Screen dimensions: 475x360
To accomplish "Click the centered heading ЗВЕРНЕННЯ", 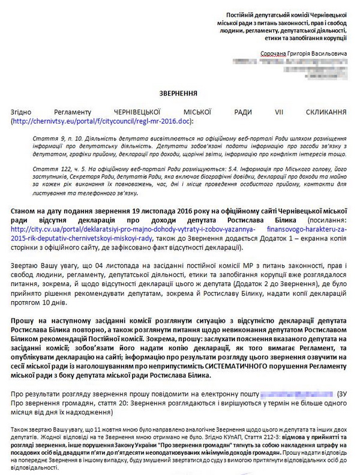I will (x=179, y=94).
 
